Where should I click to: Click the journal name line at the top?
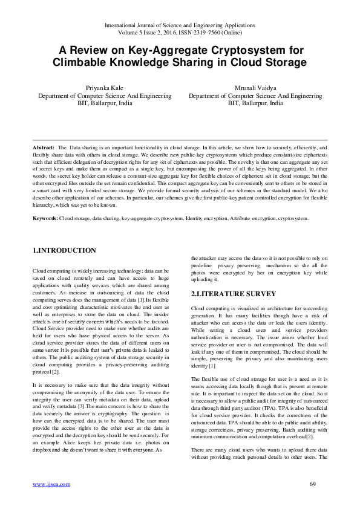pyautogui.click(x=180, y=25)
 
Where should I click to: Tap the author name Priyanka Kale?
pyautogui.click(x=105, y=88)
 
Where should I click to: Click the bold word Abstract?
pyautogui.click(x=44, y=148)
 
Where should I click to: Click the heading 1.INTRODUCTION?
pyautogui.click(x=64, y=250)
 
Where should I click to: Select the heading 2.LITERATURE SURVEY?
pyautogui.click(x=234, y=294)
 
